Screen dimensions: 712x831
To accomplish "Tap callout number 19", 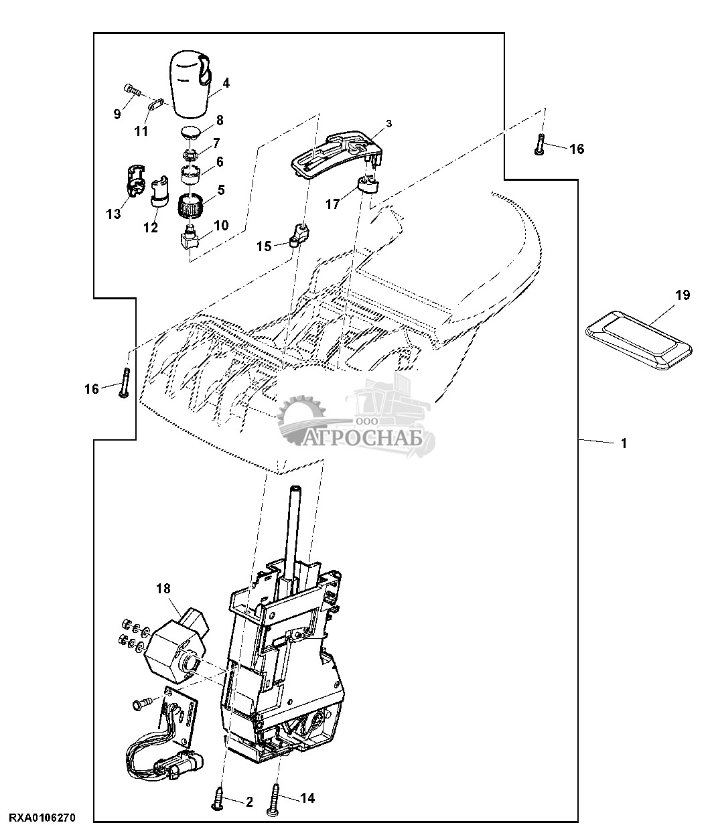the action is point(683,295).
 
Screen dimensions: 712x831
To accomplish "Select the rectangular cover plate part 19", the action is point(638,339).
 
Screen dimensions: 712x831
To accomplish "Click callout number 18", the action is point(163,589).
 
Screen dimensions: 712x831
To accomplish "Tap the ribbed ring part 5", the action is point(191,206).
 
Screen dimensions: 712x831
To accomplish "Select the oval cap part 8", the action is point(190,133).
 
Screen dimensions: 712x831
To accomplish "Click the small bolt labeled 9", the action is point(131,90).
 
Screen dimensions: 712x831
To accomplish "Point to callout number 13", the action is point(113,214).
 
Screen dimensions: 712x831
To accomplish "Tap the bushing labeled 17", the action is point(368,187).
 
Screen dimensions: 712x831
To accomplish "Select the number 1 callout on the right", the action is point(624,443).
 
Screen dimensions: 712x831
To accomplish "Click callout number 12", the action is point(151,228).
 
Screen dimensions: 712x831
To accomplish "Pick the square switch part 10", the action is point(189,238).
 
